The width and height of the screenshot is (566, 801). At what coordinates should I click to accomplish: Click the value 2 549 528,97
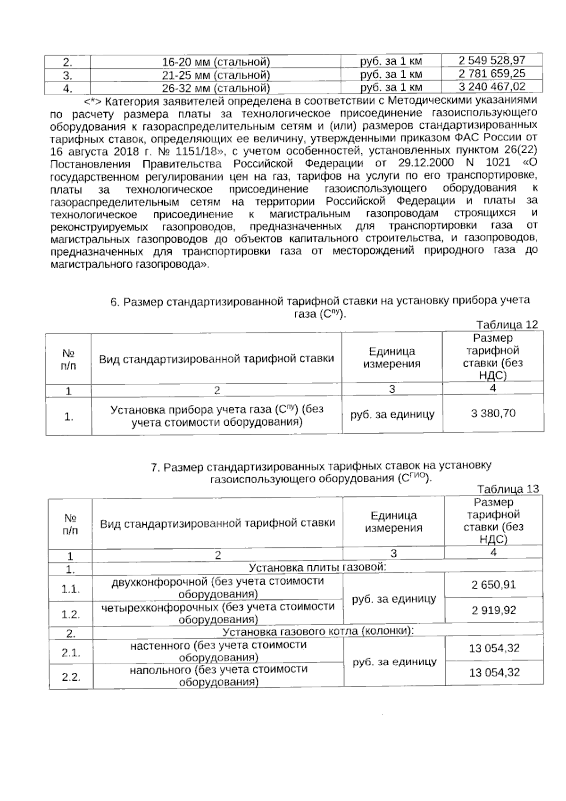(492, 60)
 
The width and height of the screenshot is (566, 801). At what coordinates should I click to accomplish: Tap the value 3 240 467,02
(492, 87)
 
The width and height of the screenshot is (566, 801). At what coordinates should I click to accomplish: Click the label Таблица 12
(507, 325)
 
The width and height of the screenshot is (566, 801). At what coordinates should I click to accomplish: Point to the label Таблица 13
(508, 489)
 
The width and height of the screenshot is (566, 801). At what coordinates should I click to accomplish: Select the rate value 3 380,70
(493, 413)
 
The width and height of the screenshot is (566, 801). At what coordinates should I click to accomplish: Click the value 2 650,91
(493, 585)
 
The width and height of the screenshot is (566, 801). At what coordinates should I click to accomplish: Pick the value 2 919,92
(494, 611)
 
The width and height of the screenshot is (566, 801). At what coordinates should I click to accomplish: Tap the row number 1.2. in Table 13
(71, 614)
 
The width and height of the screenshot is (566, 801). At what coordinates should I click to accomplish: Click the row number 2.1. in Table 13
(71, 653)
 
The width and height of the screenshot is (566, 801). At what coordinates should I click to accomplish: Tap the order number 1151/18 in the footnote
(196, 151)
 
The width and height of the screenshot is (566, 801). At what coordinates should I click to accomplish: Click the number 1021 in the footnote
(498, 163)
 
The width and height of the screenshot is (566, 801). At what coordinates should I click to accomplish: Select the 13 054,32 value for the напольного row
(494, 673)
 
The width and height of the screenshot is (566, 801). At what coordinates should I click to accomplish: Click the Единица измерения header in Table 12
(392, 357)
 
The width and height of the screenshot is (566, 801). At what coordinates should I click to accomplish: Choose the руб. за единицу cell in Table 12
(392, 415)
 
